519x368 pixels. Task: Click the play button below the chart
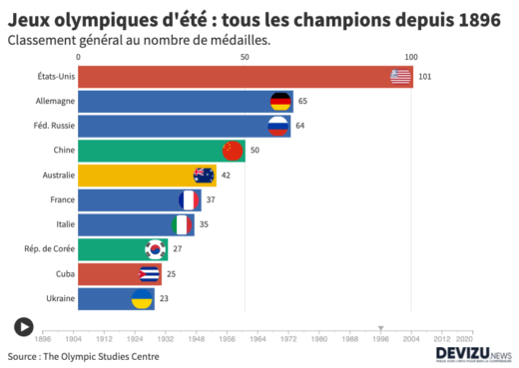click(24, 326)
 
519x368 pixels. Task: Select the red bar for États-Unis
click(230, 77)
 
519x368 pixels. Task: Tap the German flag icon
click(280, 101)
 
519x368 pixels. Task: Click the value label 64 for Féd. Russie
click(300, 126)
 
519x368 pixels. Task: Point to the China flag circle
click(233, 151)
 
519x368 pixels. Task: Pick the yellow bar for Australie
click(140, 176)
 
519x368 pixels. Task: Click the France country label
click(62, 199)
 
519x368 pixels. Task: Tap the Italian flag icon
click(182, 224)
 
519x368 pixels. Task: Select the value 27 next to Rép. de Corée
click(177, 249)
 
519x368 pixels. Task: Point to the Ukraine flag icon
click(143, 298)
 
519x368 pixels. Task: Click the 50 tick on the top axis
click(246, 58)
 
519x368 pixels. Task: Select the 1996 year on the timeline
click(380, 339)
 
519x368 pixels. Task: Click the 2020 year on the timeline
click(464, 339)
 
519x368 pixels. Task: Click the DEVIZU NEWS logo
click(473, 354)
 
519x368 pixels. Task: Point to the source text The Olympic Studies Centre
click(83, 356)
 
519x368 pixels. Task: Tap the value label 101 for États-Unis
click(424, 77)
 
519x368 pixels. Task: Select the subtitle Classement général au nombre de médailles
click(140, 40)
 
